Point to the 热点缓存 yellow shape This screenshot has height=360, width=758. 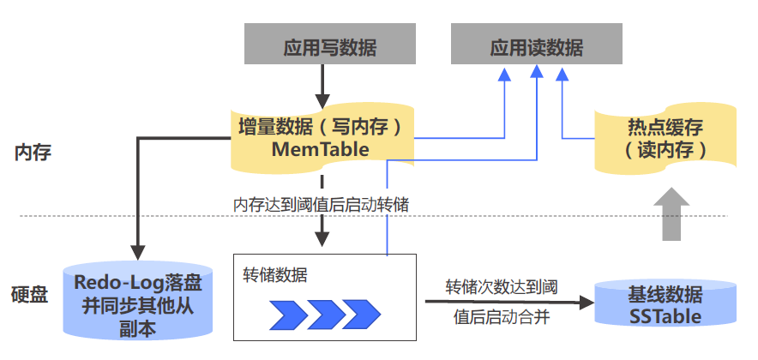[665, 138]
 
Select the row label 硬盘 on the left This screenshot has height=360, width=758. [33, 296]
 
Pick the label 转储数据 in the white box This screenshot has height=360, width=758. [275, 275]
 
